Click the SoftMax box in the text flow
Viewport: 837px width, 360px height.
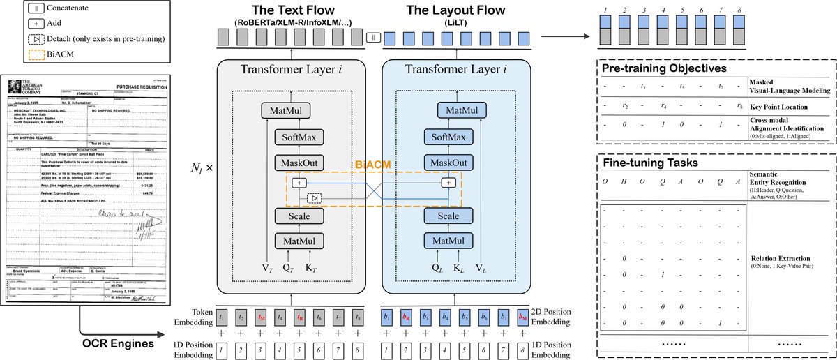coord(299,138)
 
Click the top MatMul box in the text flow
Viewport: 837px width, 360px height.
coord(299,111)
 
